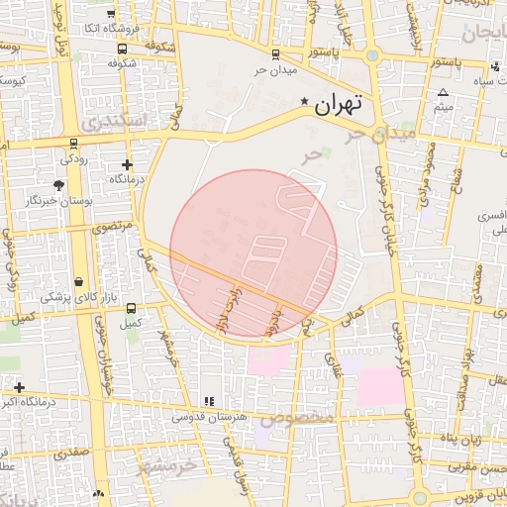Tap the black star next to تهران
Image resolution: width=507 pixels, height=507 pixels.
tap(304, 102)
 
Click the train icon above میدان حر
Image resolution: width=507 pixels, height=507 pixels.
tap(274, 54)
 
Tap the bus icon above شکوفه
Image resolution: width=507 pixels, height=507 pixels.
tap(121, 49)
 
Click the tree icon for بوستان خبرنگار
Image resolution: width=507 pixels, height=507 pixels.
tap(59, 185)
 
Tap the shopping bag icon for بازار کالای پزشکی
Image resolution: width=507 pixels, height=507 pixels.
tap(78, 282)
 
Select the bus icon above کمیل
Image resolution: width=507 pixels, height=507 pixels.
tap(128, 308)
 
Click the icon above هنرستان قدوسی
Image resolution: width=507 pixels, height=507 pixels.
tap(208, 401)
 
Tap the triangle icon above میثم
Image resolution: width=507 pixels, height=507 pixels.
tap(443, 93)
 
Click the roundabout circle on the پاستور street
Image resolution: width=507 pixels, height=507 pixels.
tap(371, 55)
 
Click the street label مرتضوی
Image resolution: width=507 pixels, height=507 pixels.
tap(111, 227)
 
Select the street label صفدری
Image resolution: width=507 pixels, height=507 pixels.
tap(73, 451)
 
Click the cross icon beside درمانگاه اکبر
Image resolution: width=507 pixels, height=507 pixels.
tap(18, 386)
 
